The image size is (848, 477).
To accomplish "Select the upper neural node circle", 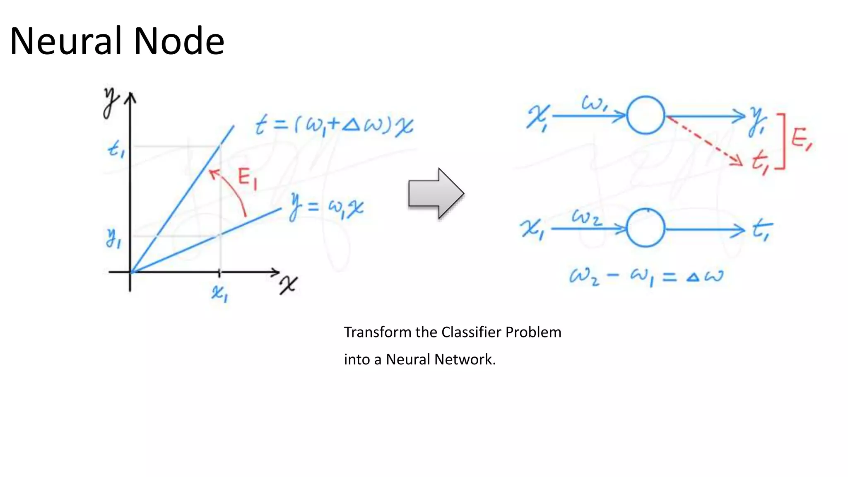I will (646, 115).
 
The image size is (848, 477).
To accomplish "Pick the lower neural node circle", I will (646, 228).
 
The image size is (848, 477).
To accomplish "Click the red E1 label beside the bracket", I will (802, 139).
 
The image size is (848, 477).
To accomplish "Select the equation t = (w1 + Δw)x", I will (334, 125).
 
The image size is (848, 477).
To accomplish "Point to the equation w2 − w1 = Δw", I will (646, 276).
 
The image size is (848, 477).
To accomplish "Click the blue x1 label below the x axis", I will (219, 293).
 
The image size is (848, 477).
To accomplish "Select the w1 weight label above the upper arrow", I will (595, 103).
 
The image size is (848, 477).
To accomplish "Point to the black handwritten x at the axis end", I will (288, 285).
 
